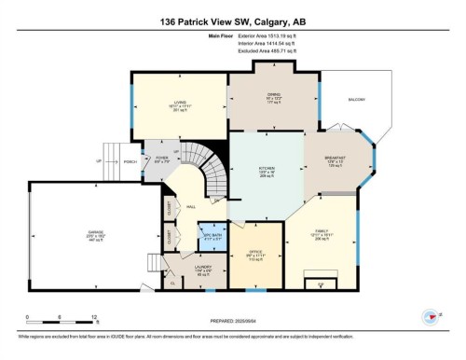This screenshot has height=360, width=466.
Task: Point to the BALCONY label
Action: (356, 99)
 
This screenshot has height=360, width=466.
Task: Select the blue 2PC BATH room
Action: (213, 234)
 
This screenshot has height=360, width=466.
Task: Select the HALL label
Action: (190, 207)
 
